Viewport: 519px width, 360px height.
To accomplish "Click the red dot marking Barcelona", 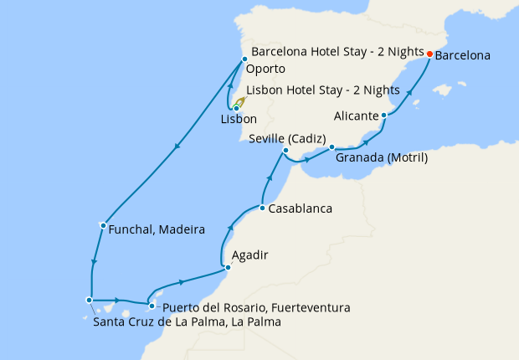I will coord(429,54).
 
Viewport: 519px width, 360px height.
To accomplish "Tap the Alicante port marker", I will coord(383,116).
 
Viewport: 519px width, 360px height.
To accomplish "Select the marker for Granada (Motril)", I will coord(332,147).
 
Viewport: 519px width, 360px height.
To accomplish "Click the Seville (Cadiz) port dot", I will coord(286,151).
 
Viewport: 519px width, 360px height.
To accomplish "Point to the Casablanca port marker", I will coord(262,208).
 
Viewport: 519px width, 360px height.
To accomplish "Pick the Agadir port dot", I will coord(228,268).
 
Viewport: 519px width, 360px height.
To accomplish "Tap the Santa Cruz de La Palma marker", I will coord(89,300).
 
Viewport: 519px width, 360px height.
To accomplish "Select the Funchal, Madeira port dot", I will coord(102,224).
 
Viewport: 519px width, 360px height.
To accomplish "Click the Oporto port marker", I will coord(244,59).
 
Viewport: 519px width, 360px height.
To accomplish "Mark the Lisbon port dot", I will coord(237,108).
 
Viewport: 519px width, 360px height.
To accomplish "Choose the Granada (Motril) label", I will coord(382,158).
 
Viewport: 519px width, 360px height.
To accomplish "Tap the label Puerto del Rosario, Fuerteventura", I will coord(257,307).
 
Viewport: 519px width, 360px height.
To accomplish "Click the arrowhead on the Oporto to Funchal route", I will coord(177,149).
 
